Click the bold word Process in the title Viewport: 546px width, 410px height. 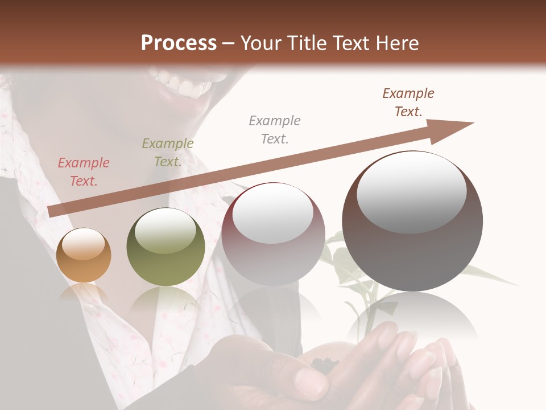(x=179, y=43)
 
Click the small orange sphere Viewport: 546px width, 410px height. (x=84, y=255)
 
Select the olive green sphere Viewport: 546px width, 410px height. (x=166, y=247)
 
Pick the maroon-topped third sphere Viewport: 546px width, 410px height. (x=273, y=233)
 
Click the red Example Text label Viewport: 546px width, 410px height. (x=84, y=172)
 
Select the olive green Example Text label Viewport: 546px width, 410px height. (x=168, y=153)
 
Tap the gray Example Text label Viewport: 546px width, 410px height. (x=275, y=129)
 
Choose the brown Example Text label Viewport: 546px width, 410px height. (x=408, y=102)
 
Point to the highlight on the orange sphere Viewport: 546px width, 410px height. (x=84, y=245)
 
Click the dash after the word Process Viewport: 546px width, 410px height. (x=229, y=43)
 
